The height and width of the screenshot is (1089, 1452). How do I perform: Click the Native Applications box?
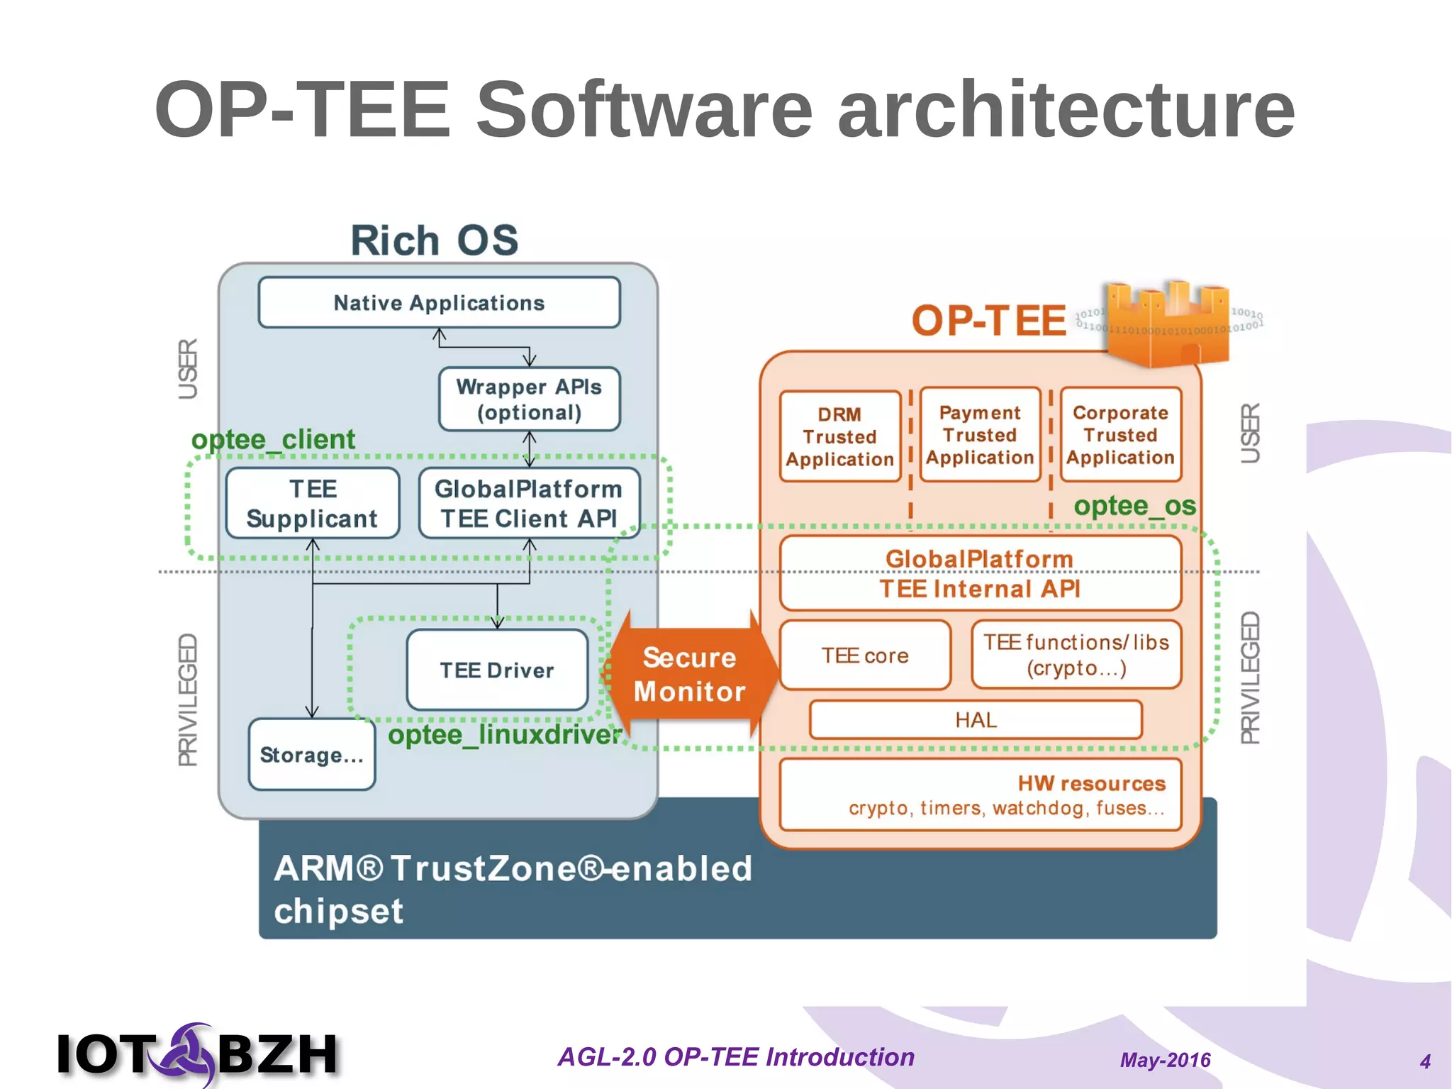click(x=439, y=303)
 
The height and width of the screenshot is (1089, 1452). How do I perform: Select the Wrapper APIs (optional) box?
click(x=529, y=399)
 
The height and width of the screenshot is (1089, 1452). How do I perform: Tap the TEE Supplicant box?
click(x=313, y=504)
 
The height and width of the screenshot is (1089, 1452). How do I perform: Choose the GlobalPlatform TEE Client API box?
click(x=529, y=504)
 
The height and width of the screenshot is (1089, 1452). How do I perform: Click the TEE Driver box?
click(x=497, y=670)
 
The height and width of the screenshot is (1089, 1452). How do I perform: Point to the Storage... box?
click(x=311, y=755)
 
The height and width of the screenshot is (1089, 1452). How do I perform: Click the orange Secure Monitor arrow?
click(x=689, y=674)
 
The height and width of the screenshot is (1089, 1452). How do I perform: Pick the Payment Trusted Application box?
click(x=980, y=435)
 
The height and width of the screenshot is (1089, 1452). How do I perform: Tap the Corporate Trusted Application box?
click(x=1120, y=435)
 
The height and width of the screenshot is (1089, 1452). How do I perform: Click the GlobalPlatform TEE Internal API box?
click(x=980, y=574)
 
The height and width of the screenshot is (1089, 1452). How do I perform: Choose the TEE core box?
click(x=865, y=656)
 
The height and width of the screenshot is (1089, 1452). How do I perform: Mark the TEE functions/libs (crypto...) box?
click(x=1076, y=655)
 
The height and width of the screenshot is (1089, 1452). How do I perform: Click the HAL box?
click(x=976, y=720)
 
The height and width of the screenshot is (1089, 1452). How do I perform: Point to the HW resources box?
click(x=980, y=795)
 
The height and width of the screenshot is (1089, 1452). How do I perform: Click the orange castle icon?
click(x=1168, y=323)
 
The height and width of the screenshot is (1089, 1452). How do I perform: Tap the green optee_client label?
click(x=273, y=440)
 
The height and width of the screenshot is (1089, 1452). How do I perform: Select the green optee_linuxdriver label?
click(x=505, y=735)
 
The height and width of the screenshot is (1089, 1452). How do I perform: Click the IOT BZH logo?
click(x=197, y=1054)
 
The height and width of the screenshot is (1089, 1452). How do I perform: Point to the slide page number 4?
click(x=1425, y=1061)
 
